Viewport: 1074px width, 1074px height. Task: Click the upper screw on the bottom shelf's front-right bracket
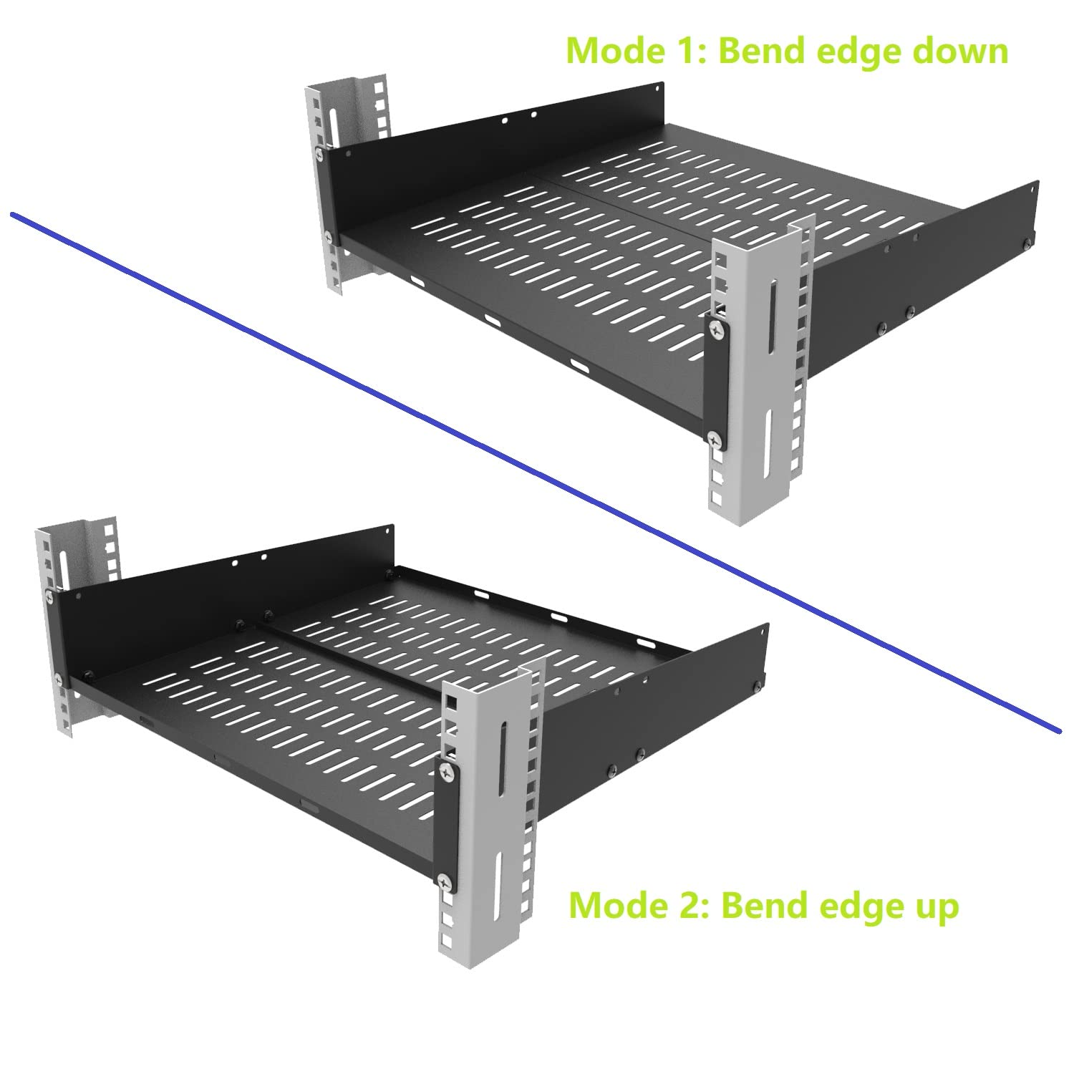[447, 772]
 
